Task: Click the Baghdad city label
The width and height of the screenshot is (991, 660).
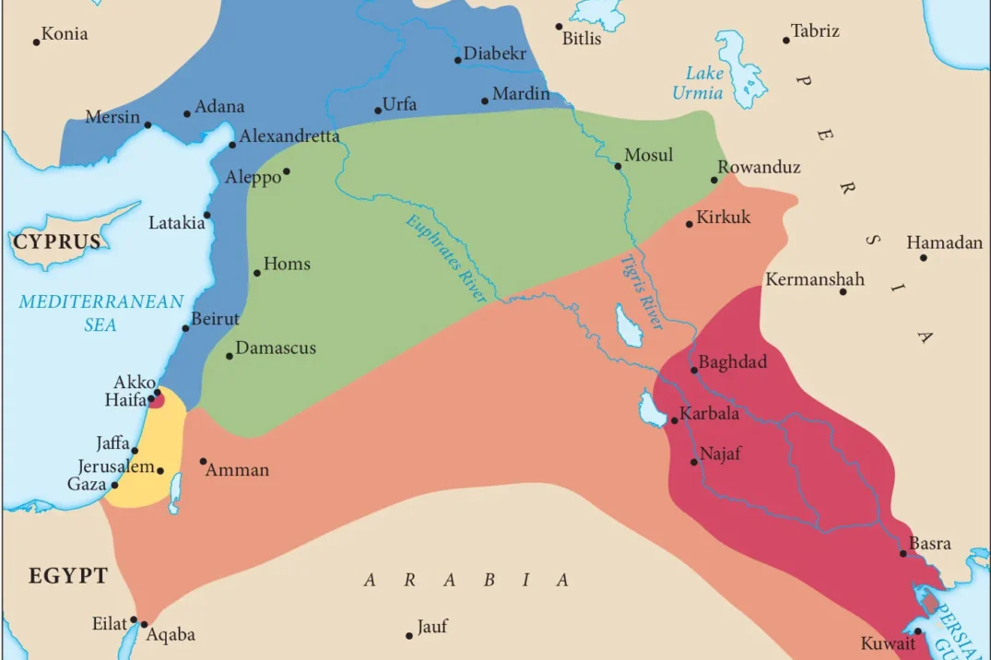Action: pyautogui.click(x=733, y=361)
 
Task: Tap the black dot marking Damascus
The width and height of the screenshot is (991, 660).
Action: pyautogui.click(x=230, y=356)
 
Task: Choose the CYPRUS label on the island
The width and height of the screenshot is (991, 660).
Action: pyautogui.click(x=56, y=242)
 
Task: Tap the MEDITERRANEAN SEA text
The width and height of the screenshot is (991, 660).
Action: pyautogui.click(x=101, y=312)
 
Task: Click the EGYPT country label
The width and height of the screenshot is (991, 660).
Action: pyautogui.click(x=68, y=576)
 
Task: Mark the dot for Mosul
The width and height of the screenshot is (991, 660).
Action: pyautogui.click(x=618, y=166)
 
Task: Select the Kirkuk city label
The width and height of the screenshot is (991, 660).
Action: pyautogui.click(x=724, y=218)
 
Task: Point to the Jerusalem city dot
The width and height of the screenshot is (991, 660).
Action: pyautogui.click(x=160, y=470)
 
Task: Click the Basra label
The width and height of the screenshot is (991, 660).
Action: pyautogui.click(x=929, y=543)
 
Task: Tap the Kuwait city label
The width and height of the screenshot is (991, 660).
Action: pyautogui.click(x=888, y=643)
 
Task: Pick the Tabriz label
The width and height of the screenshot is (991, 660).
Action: pyautogui.click(x=815, y=31)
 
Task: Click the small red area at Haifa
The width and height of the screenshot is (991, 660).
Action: pyautogui.click(x=158, y=399)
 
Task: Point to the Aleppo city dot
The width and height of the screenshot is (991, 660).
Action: pyautogui.click(x=287, y=171)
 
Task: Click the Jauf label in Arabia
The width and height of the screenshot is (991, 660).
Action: pyautogui.click(x=431, y=627)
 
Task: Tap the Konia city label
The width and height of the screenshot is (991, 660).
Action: pyautogui.click(x=65, y=34)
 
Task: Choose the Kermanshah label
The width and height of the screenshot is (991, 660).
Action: pyautogui.click(x=815, y=278)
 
